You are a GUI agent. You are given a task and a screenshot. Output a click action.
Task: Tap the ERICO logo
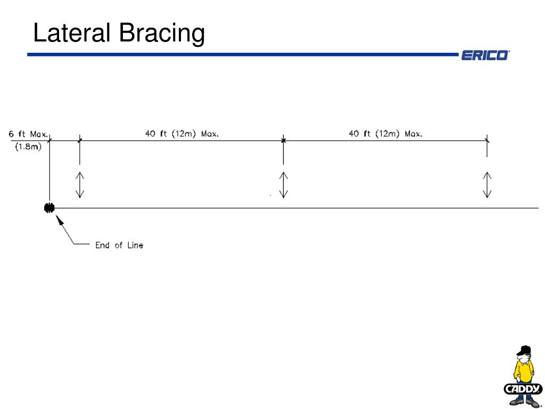pyautogui.click(x=485, y=55)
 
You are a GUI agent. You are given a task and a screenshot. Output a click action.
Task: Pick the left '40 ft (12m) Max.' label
pyautogui.click(x=181, y=134)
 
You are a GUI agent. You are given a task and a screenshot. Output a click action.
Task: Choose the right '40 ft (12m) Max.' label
pyautogui.click(x=385, y=134)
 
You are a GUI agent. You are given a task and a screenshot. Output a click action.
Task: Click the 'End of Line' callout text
pyautogui.click(x=119, y=246)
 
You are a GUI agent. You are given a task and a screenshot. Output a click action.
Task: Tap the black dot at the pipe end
pyautogui.click(x=49, y=208)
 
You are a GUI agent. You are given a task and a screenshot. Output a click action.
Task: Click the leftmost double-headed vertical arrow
pyautogui.click(x=80, y=185)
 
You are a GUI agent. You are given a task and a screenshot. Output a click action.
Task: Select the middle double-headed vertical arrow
pyautogui.click(x=283, y=185)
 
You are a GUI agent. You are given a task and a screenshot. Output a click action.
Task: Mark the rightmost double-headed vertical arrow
pyautogui.click(x=487, y=185)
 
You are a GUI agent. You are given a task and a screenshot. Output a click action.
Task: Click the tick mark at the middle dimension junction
pyautogui.click(x=283, y=140)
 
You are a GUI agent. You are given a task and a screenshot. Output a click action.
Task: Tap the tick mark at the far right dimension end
pyautogui.click(x=487, y=140)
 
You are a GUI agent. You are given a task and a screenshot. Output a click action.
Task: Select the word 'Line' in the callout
pyautogui.click(x=135, y=246)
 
